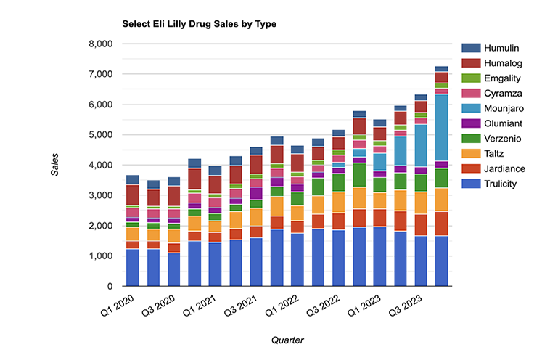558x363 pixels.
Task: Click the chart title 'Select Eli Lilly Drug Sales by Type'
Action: click(199, 24)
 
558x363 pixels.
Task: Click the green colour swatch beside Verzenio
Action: click(469, 139)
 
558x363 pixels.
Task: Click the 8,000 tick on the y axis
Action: click(97, 44)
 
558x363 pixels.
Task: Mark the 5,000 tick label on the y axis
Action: click(97, 135)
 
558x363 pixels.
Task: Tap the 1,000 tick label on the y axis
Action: click(97, 256)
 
